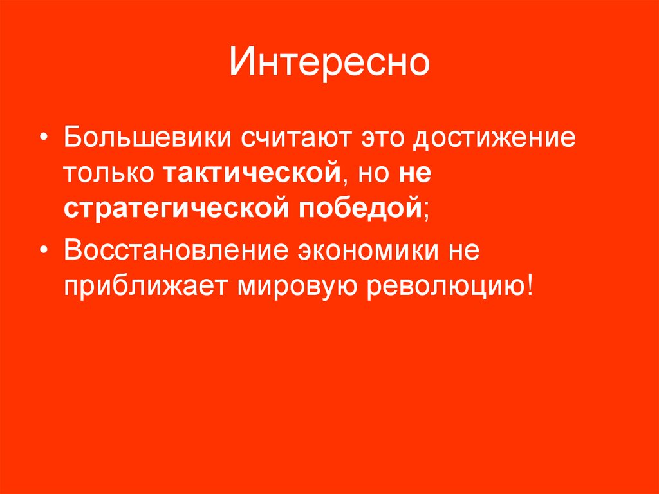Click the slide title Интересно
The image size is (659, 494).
click(x=329, y=63)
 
